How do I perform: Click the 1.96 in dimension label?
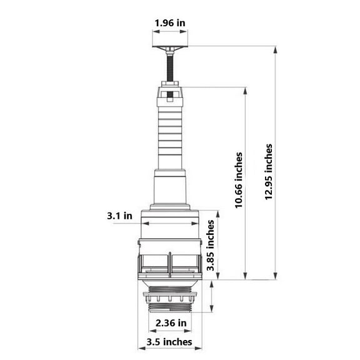169,23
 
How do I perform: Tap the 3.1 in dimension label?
119,216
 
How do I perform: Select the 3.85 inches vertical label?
210,246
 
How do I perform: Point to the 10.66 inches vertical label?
239,180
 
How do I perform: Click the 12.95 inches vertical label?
268,172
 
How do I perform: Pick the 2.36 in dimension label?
171,323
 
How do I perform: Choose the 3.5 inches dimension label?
169,342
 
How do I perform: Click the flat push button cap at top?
170,47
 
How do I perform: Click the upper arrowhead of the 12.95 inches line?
276,49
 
